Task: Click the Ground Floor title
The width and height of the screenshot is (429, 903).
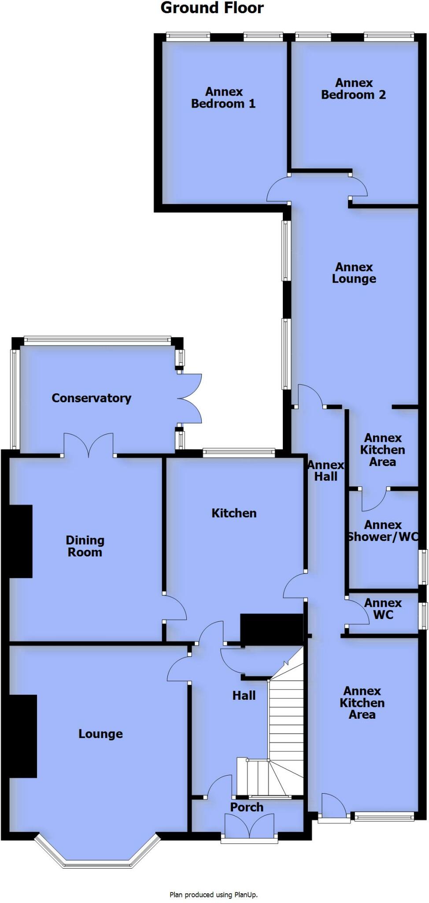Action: click(212, 8)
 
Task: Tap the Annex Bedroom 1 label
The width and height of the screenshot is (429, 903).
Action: click(223, 97)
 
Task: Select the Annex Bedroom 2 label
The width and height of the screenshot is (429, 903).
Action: click(353, 89)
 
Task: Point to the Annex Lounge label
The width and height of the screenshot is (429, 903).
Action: click(354, 273)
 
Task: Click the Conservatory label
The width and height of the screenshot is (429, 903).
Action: click(91, 398)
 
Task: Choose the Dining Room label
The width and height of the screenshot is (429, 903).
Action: click(85, 546)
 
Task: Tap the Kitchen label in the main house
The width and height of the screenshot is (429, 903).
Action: click(234, 513)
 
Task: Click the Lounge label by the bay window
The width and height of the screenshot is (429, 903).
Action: click(100, 734)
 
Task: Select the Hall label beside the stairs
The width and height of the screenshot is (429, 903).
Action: click(244, 695)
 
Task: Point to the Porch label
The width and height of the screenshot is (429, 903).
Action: click(247, 807)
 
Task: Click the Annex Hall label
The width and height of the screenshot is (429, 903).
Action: click(326, 470)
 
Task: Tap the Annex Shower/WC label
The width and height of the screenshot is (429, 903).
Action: click(383, 531)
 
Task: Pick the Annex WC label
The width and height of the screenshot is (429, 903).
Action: click(383, 608)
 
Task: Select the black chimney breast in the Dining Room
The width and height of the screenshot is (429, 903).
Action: click(20, 541)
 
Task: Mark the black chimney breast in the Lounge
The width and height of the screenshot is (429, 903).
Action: click(23, 736)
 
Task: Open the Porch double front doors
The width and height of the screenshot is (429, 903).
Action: click(249, 826)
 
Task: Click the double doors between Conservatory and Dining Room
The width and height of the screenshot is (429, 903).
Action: click(89, 445)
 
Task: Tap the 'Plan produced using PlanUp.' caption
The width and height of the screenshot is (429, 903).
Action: click(214, 895)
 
